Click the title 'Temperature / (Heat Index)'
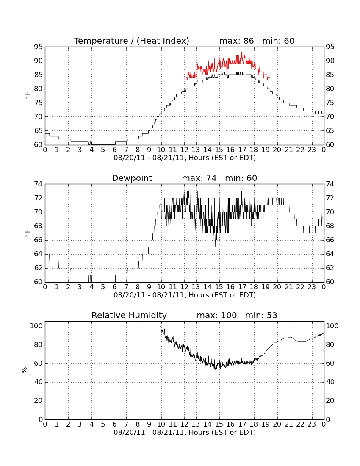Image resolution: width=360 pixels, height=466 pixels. point(132,41)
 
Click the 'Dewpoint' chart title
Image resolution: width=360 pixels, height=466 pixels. point(132,178)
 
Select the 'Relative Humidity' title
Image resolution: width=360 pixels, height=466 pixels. point(129,315)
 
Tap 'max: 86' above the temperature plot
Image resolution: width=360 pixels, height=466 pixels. point(237,41)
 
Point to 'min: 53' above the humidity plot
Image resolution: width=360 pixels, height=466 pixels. point(261,315)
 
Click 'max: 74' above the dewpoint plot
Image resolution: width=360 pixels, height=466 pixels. point(199,178)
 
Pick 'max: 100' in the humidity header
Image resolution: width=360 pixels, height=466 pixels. point(217,315)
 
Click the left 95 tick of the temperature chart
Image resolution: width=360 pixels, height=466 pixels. point(38,47)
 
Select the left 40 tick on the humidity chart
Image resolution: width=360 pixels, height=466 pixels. point(39,382)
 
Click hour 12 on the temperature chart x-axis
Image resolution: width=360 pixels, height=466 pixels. point(185,150)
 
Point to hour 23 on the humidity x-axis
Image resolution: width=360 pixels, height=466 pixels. point(312,424)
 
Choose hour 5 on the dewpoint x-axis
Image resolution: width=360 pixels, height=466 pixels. point(103,287)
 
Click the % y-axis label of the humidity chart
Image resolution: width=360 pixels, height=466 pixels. point(25,370)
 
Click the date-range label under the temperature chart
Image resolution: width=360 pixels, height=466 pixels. point(185,158)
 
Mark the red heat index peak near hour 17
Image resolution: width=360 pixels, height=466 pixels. point(242,53)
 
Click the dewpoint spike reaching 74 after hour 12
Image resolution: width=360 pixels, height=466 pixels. point(188,185)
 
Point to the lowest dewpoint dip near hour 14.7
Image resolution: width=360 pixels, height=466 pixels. point(216,246)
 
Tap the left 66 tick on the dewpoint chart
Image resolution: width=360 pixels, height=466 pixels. point(38,240)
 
